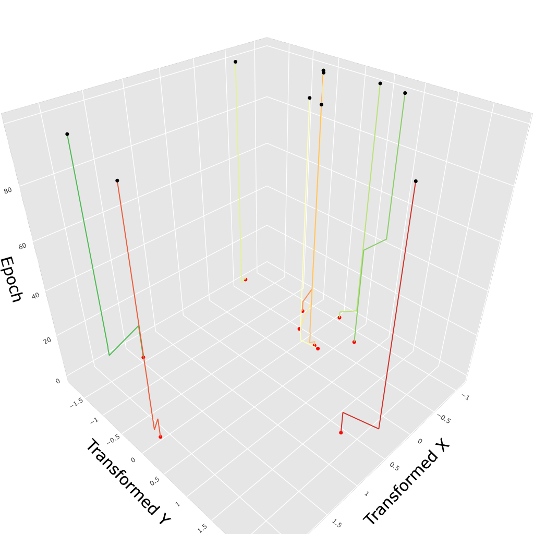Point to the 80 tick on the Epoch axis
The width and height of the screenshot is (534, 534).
coord(8,190)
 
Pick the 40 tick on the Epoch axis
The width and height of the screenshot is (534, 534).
coord(35,296)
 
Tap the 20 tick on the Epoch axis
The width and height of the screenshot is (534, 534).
coord(47,341)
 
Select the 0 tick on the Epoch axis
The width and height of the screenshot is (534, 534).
coord(58,381)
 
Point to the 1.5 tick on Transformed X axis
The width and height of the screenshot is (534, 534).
coord(336,523)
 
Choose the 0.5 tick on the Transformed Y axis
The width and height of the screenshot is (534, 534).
coord(155,481)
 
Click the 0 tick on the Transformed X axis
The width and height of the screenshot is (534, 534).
coord(419,441)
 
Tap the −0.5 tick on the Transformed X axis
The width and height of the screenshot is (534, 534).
coord(444,419)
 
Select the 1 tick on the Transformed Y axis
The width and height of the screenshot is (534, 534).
coord(178,504)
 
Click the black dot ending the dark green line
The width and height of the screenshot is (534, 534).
coord(67,134)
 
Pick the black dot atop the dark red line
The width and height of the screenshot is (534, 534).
coord(416,181)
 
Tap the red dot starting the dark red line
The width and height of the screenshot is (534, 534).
coord(341,432)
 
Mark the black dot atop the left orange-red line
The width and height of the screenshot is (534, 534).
coord(117,181)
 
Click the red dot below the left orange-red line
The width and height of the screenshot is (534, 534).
coord(160,437)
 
